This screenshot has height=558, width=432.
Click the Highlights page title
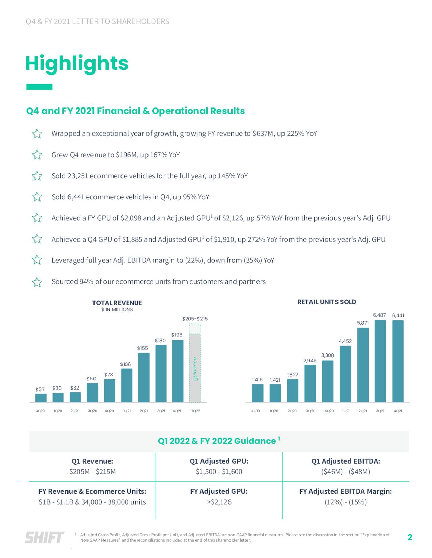77,63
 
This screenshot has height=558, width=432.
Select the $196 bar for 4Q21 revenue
178,371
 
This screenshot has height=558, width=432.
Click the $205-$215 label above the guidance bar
195,319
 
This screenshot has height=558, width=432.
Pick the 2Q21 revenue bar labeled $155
144,377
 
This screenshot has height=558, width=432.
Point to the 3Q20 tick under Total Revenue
92,411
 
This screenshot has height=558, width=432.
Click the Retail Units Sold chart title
326,302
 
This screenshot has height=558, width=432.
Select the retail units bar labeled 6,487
380,361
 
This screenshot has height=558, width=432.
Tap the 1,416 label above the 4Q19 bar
257,380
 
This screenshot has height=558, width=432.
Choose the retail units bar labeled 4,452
345,374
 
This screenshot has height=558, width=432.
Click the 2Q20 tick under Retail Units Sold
292,411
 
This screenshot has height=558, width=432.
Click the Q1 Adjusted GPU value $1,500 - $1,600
219,472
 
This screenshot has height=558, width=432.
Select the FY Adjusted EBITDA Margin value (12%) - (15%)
345,502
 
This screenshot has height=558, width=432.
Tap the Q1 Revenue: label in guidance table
92,461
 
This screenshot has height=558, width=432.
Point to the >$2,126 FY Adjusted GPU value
219,502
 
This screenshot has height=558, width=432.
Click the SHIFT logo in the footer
44,537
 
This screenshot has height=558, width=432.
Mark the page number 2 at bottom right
410,537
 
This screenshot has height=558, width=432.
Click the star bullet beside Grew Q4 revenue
37,155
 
